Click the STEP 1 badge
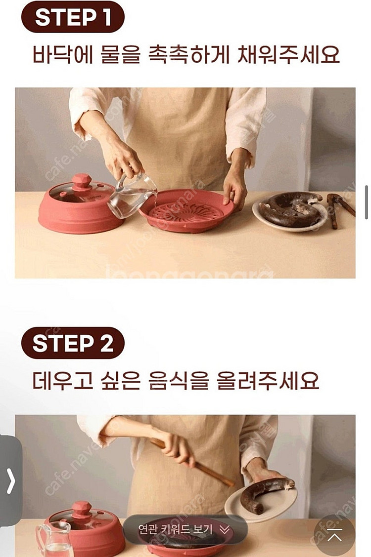pyautogui.click(x=72, y=18)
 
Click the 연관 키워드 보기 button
pyautogui.click(x=184, y=530)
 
